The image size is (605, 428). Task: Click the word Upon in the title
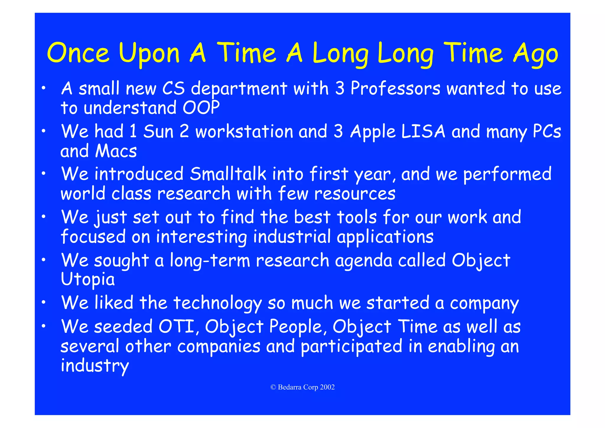point(149,54)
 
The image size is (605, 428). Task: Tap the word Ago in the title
point(535,54)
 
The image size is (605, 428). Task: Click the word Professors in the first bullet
point(395,88)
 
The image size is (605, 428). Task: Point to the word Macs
point(116,151)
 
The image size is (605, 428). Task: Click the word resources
point(354,194)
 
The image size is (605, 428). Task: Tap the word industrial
point(292,237)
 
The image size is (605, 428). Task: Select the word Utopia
point(88,280)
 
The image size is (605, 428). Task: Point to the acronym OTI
point(177,327)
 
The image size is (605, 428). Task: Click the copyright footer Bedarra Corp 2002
point(302,387)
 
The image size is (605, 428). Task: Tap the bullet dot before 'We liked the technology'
point(43,302)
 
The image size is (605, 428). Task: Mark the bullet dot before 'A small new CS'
point(43,88)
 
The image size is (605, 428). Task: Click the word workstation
point(244,132)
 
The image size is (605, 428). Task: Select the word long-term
point(210,261)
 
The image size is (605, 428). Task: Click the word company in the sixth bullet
point(484,303)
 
